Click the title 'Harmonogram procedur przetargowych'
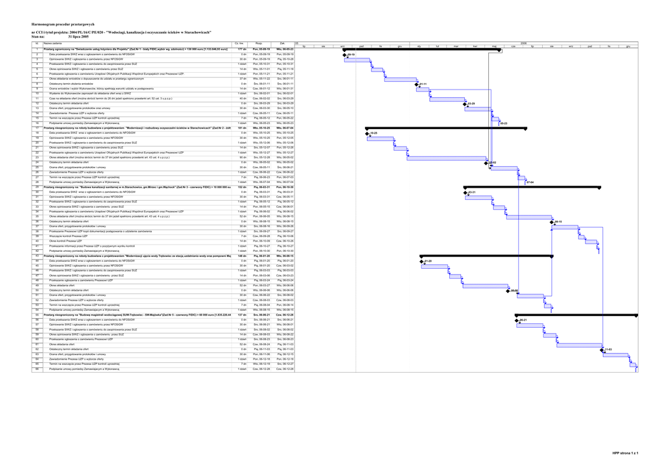click(x=64, y=24)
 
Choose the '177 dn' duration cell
click(x=242, y=49)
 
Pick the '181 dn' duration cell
click(x=242, y=129)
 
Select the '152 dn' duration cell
click(x=242, y=187)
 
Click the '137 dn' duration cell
click(x=242, y=315)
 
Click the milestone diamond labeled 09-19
click(x=345, y=55)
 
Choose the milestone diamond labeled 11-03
click(x=602, y=349)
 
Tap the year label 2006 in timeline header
click(x=523, y=43)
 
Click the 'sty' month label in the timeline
click(x=420, y=46)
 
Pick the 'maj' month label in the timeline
click(x=494, y=46)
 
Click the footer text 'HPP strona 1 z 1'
click(x=626, y=452)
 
